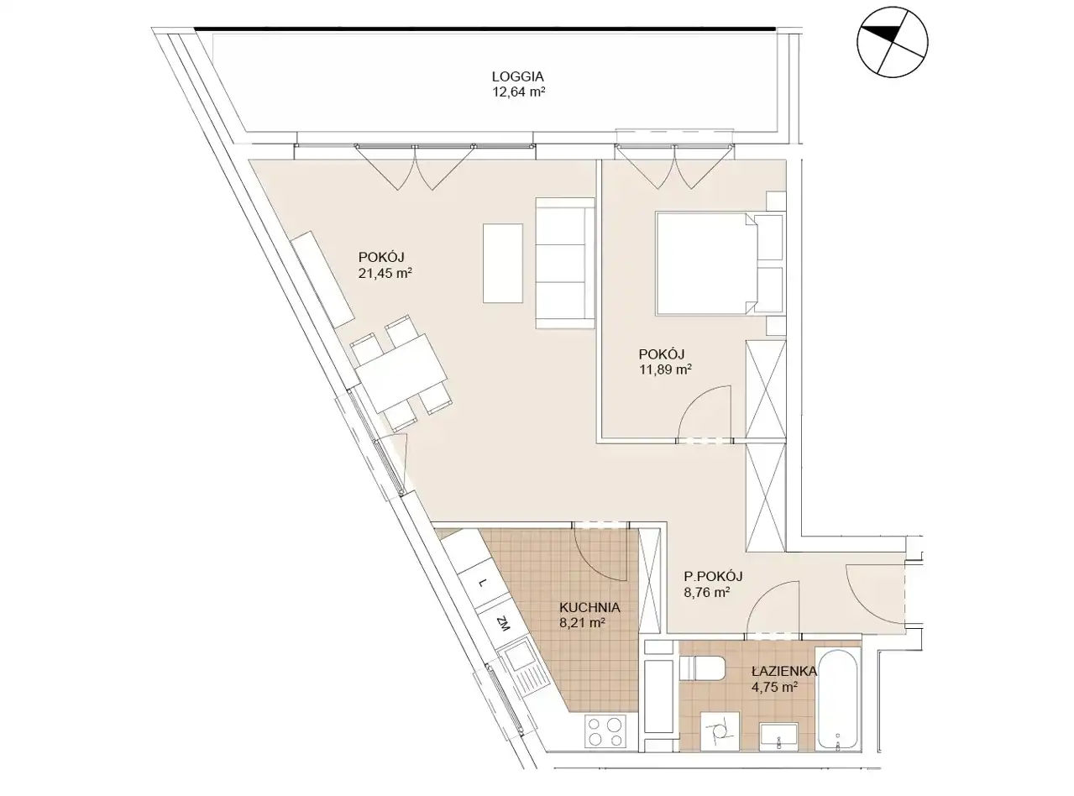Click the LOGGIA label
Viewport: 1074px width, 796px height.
pos(517,76)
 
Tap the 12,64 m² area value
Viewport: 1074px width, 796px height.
pos(519,92)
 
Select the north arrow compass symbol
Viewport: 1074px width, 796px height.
pos(892,42)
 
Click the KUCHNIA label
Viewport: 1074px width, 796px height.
pos(589,607)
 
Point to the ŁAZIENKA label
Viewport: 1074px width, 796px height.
pos(784,671)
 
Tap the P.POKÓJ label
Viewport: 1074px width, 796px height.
pos(713,576)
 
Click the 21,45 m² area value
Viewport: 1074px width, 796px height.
pos(385,274)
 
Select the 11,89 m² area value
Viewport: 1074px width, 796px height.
pos(665,370)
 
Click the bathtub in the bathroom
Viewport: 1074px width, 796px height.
pos(838,699)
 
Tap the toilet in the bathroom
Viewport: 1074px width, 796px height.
pos(702,668)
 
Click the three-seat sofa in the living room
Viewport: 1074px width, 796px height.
pos(564,264)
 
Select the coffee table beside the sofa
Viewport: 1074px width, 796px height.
pos(503,263)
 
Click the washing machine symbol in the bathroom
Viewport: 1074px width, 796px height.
pos(720,731)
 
